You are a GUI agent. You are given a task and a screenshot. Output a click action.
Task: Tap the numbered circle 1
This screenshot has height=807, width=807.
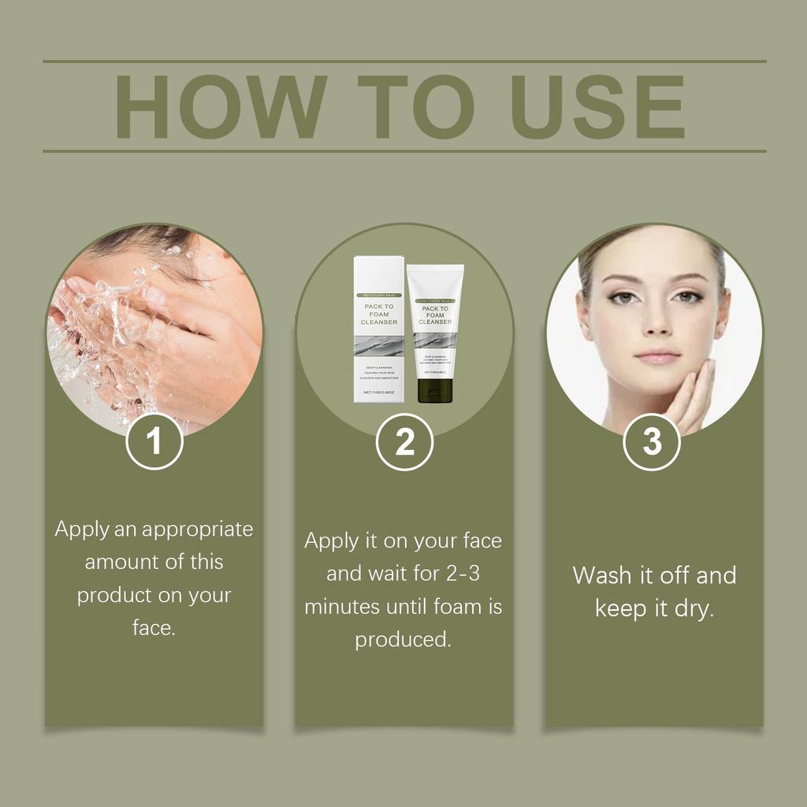[x=154, y=441]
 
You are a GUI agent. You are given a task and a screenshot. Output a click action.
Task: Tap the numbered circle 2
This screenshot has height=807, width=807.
[x=404, y=442]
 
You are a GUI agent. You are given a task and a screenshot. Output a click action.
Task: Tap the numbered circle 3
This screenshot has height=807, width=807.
[x=652, y=441]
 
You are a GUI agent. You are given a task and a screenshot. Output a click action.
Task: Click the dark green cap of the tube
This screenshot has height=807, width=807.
[x=434, y=390]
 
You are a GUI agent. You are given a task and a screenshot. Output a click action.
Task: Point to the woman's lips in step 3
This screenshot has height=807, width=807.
[x=657, y=355]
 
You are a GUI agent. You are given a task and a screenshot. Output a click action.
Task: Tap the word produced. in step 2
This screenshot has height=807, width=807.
[x=403, y=640]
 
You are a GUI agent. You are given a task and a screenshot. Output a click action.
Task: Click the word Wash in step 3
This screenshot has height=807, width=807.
[x=603, y=575]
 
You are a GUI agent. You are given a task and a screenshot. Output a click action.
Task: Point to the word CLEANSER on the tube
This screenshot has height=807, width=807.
[x=434, y=322]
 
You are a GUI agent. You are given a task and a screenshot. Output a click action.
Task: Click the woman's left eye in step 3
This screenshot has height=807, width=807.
[x=686, y=297]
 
